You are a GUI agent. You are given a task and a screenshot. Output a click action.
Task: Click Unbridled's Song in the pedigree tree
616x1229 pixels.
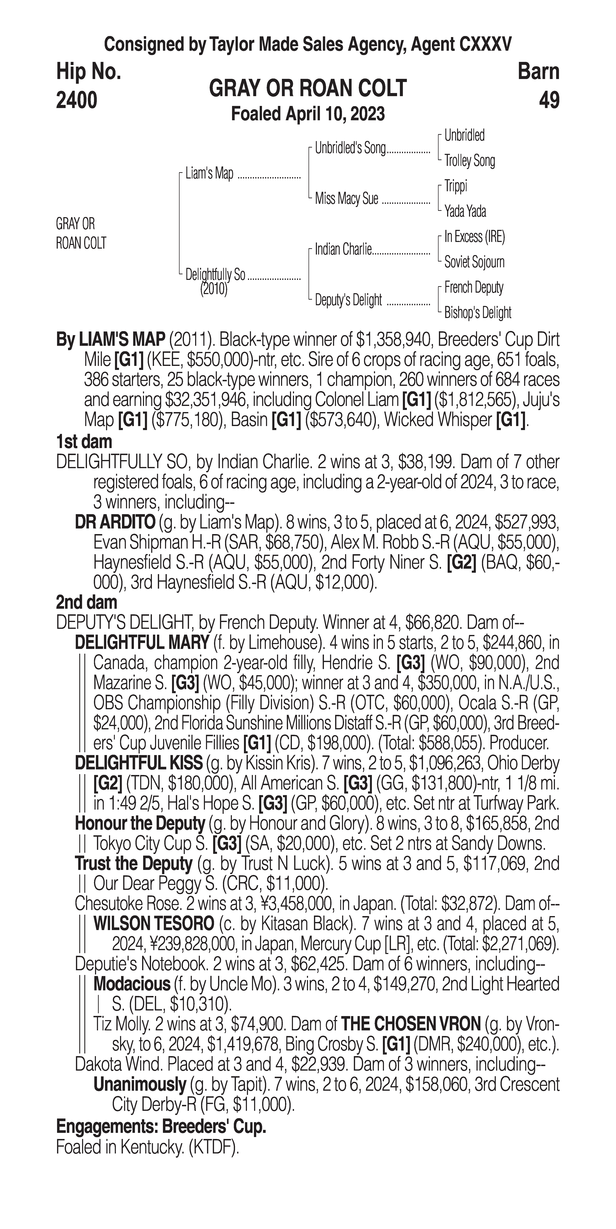pos(350,148)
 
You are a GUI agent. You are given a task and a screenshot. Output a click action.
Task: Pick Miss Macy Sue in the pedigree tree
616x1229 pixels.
pos(346,198)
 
